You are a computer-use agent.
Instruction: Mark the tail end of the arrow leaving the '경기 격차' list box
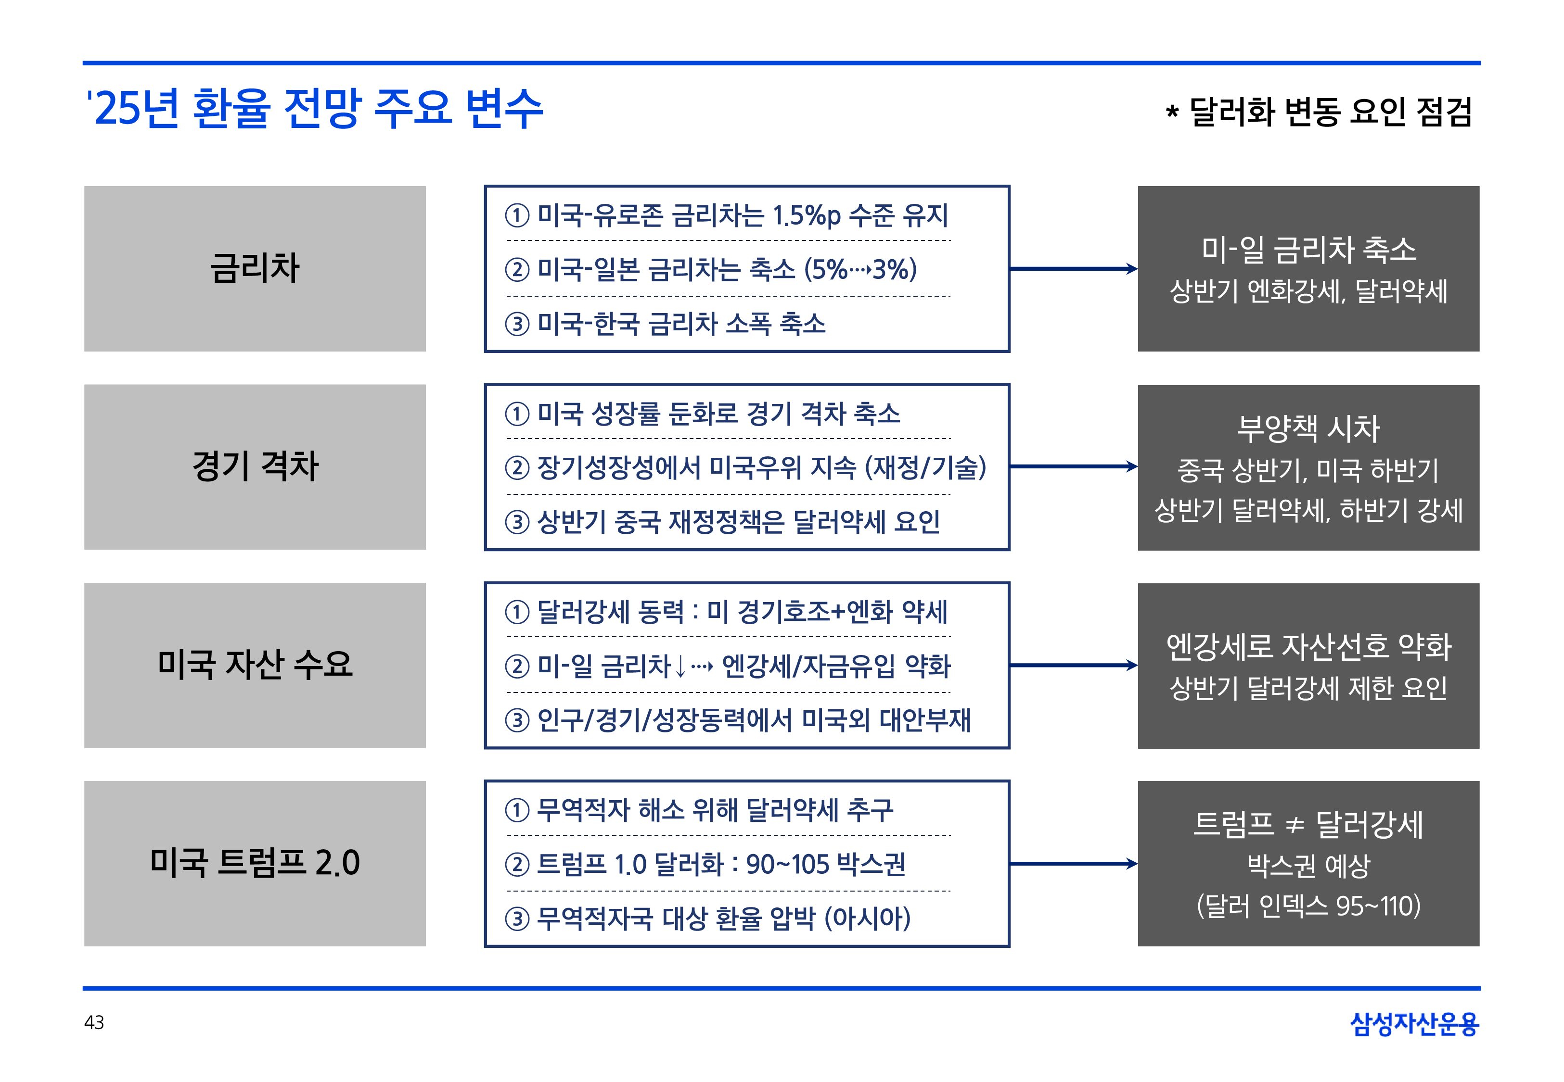[1011, 466]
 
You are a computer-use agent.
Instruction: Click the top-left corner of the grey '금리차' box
[84, 187]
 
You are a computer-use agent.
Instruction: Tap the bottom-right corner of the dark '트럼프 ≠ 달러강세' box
[1479, 946]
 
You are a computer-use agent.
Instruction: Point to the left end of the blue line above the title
[83, 63]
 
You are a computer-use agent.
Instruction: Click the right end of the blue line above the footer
[1481, 988]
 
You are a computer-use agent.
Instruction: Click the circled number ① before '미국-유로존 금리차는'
[517, 215]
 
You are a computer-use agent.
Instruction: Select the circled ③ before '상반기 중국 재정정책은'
[517, 522]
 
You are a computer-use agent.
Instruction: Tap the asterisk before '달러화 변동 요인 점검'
[1172, 112]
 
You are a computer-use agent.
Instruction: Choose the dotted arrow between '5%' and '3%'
[859, 270]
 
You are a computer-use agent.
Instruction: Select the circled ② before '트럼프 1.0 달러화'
[517, 864]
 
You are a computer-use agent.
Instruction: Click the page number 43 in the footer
[94, 1022]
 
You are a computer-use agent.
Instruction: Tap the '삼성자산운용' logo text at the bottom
[1414, 1024]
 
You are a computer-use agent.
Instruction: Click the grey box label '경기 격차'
[255, 466]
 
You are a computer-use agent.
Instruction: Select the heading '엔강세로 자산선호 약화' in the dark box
[1308, 646]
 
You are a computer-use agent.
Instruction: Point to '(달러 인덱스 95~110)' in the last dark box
[1308, 906]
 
